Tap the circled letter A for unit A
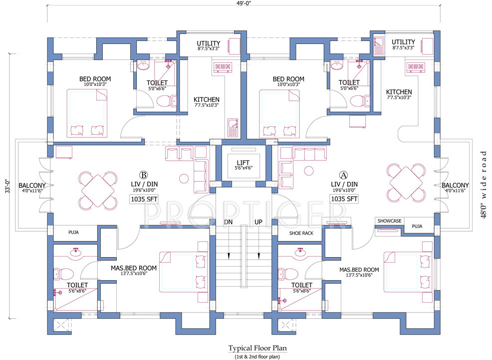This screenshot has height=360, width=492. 343,175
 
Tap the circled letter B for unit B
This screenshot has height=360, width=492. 144,175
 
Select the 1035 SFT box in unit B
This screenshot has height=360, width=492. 144,199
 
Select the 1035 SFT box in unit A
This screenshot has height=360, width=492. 344,199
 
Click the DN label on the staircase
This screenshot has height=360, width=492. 229,221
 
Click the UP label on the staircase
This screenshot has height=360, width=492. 259,221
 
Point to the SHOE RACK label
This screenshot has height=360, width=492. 301,233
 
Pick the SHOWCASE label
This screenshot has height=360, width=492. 389,220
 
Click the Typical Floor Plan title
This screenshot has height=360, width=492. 257,348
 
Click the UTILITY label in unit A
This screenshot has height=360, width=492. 403,42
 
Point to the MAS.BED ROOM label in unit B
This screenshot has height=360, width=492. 134,268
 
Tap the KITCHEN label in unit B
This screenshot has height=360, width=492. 206,100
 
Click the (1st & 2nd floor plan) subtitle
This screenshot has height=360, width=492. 257,356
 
